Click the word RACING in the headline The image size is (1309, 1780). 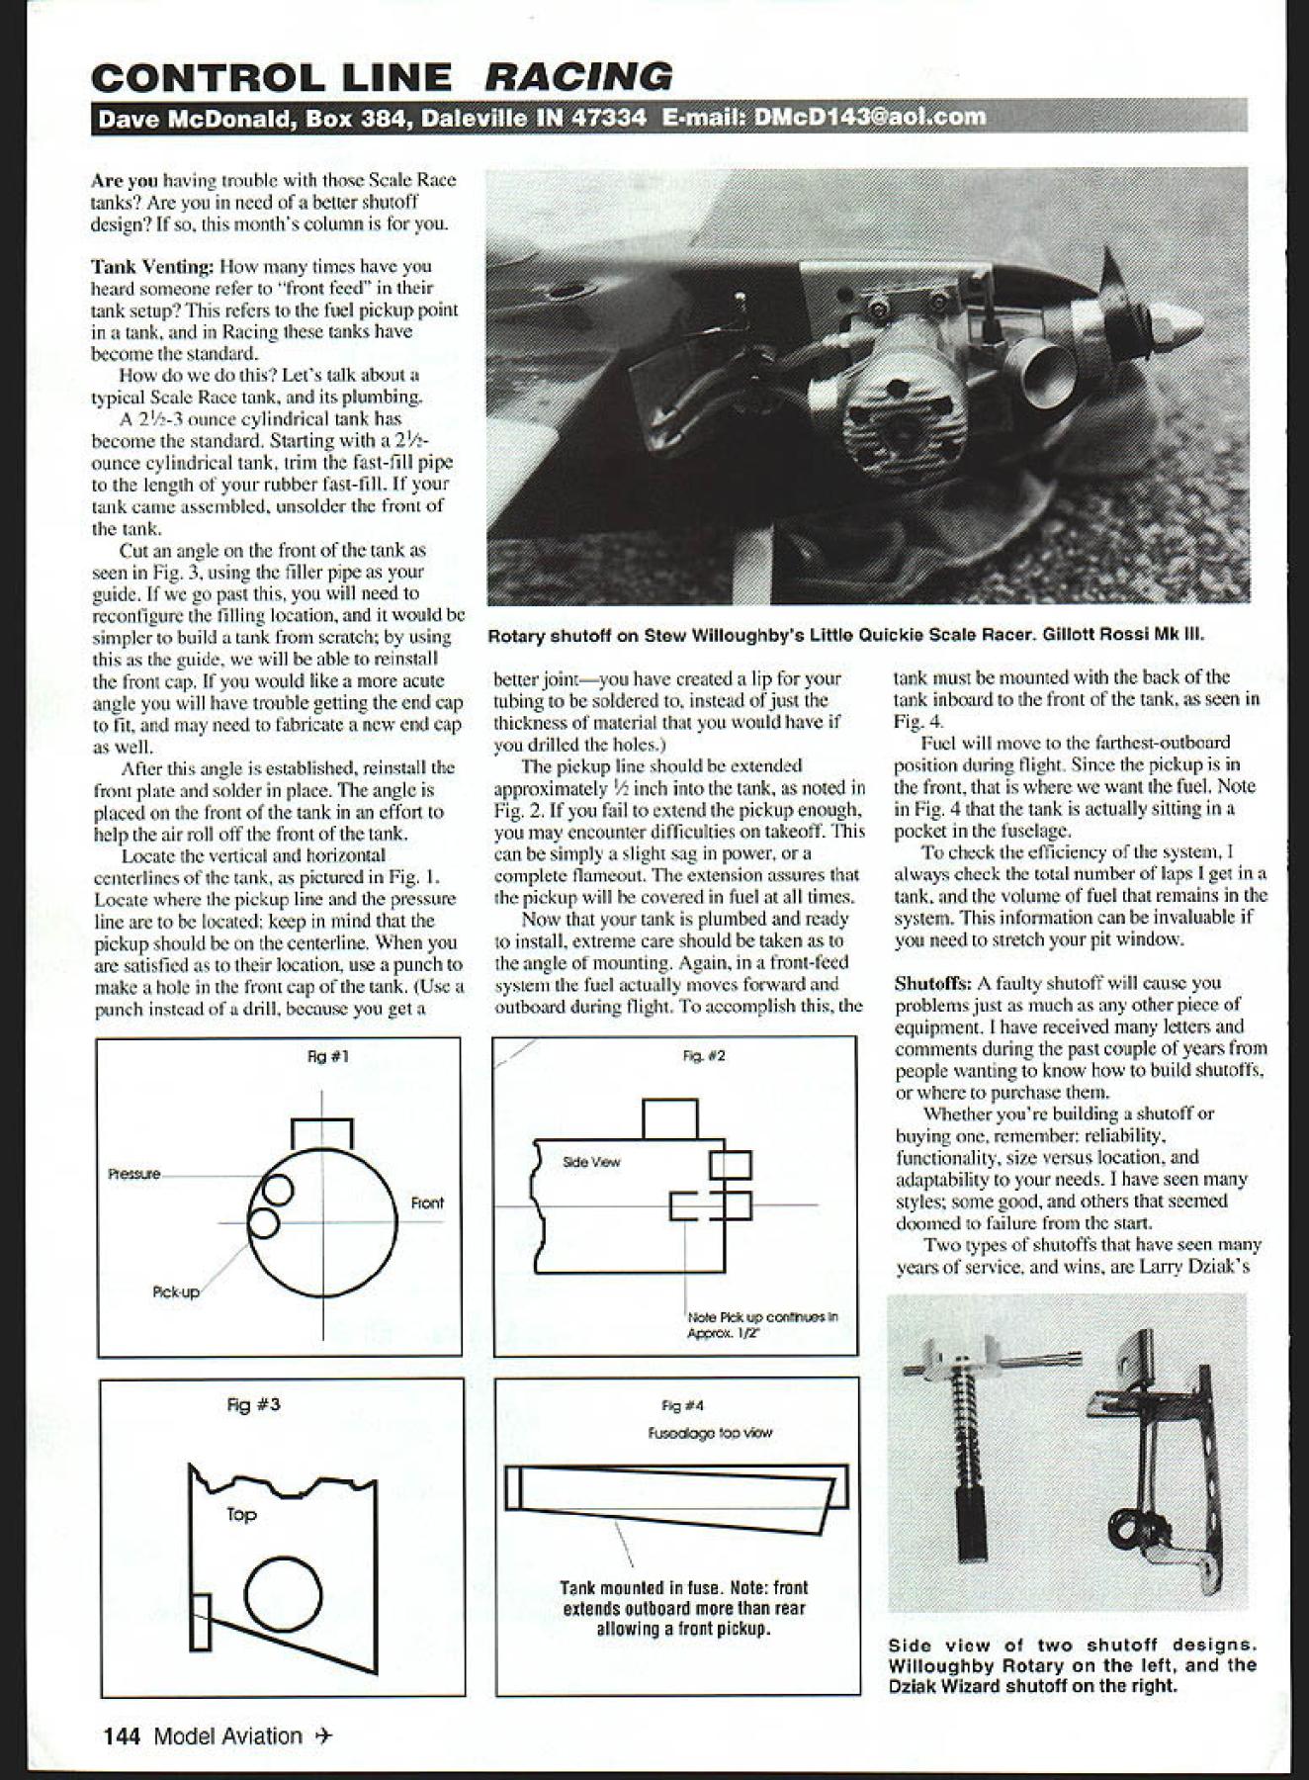(x=579, y=77)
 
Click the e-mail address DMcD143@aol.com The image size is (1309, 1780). (x=869, y=117)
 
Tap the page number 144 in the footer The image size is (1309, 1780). (x=123, y=1735)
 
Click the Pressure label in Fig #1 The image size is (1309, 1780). (x=134, y=1174)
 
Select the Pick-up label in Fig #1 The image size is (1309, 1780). (x=176, y=1291)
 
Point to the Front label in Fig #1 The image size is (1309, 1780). (x=427, y=1202)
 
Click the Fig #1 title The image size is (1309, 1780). (x=327, y=1056)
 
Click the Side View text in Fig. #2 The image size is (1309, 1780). (x=591, y=1162)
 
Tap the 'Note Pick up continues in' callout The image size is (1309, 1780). (x=762, y=1317)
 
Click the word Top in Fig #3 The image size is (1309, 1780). (x=241, y=1514)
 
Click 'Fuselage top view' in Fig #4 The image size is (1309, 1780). (x=710, y=1432)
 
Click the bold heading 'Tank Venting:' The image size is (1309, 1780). (x=151, y=266)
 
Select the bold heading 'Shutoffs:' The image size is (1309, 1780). (x=932, y=983)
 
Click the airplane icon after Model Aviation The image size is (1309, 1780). (x=322, y=1736)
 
